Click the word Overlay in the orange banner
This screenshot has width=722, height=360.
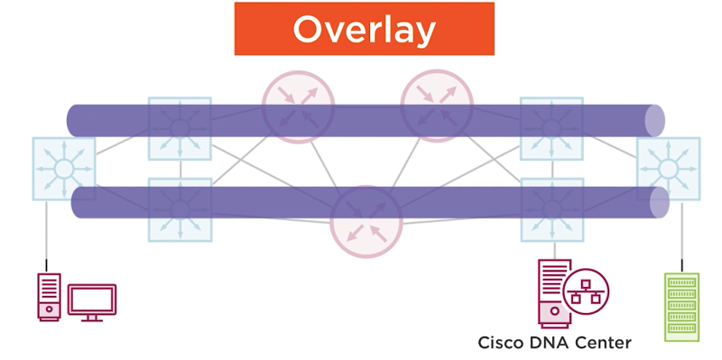[364, 30]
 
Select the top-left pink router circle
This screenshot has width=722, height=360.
[298, 100]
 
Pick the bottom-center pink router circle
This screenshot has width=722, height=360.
[366, 222]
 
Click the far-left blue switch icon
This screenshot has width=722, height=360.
[63, 169]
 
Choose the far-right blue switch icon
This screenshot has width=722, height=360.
[668, 169]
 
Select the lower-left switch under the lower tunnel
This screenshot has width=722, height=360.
[180, 209]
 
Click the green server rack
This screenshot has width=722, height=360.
[681, 308]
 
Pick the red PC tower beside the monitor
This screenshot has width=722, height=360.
[49, 297]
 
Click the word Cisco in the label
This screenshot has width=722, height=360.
[498, 343]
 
